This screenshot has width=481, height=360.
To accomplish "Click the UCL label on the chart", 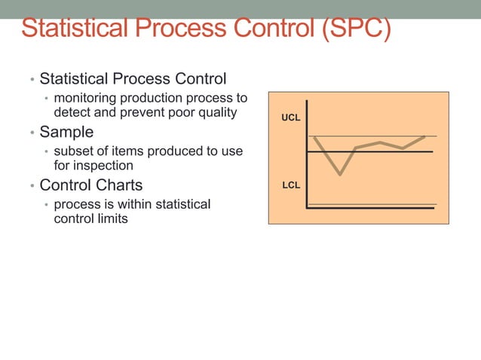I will [291, 119].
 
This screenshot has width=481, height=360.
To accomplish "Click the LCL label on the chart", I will [291, 185].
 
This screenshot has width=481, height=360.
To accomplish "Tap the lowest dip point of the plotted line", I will [340, 175].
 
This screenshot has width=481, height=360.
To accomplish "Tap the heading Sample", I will [66, 132].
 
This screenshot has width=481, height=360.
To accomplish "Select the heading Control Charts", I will [90, 185].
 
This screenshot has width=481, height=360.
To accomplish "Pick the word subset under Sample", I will [74, 151].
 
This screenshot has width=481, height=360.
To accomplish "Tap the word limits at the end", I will [112, 219].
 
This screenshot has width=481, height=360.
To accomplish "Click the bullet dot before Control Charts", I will [32, 186].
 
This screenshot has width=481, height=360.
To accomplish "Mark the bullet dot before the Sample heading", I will [32, 133].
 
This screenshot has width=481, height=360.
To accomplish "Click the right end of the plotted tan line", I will [425, 136].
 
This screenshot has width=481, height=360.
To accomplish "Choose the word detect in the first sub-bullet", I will [73, 113].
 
